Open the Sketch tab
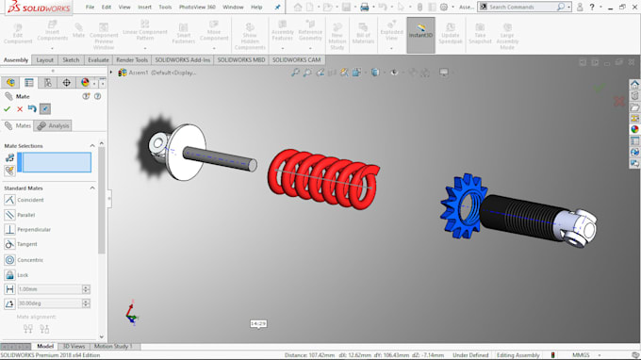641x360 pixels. pos(71,59)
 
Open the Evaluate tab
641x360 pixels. pos(98,59)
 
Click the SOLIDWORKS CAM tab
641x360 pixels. pos(296,59)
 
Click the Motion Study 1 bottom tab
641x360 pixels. pos(112,347)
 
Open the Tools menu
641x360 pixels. pos(165,7)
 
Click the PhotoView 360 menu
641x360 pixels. pos(196,7)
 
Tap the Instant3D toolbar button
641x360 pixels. pos(420,35)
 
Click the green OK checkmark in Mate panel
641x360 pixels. pos(8,108)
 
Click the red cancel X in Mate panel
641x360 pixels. pos(20,108)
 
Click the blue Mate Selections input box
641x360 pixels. pos(55,162)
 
